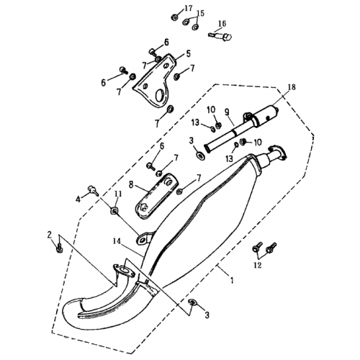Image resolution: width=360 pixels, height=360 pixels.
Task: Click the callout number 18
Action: click(290, 87)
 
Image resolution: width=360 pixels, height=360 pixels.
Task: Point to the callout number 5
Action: click(188, 53)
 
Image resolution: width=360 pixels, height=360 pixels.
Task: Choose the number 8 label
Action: click(131, 184)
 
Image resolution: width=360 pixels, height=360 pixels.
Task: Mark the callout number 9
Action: click(226, 112)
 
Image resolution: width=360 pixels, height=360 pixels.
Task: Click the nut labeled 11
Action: click(114, 210)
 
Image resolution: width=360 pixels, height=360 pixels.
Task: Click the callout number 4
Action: click(78, 198)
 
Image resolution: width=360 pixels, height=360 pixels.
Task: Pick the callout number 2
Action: click(49, 235)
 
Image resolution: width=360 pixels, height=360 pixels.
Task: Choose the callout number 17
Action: click(189, 8)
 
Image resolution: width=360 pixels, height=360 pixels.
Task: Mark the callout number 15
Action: click(201, 14)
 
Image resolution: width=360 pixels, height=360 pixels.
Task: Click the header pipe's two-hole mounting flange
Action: click(124, 274)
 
